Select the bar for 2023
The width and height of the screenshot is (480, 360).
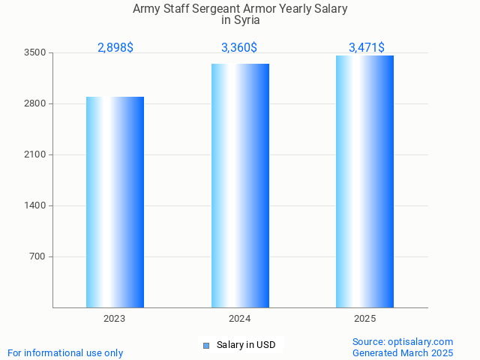click(115, 202)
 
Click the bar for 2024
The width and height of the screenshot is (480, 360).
click(240, 185)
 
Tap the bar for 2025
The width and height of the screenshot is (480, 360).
click(364, 181)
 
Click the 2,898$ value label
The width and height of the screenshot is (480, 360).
click(115, 48)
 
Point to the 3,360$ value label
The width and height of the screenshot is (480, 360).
click(239, 48)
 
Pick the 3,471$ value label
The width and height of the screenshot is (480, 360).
click(367, 48)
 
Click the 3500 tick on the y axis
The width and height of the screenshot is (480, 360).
click(34, 52)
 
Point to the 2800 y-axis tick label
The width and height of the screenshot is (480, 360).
click(34, 103)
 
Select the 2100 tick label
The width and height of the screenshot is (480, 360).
click(34, 154)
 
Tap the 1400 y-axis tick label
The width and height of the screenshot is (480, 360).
click(34, 205)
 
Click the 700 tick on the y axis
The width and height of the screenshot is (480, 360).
click(37, 256)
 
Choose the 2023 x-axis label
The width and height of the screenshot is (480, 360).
click(115, 319)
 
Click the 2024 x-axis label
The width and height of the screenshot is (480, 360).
click(240, 319)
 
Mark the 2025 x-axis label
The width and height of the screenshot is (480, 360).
click(365, 319)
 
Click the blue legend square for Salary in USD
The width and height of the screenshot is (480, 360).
click(206, 346)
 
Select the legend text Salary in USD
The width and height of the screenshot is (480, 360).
click(246, 345)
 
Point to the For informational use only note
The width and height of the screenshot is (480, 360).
click(65, 352)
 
